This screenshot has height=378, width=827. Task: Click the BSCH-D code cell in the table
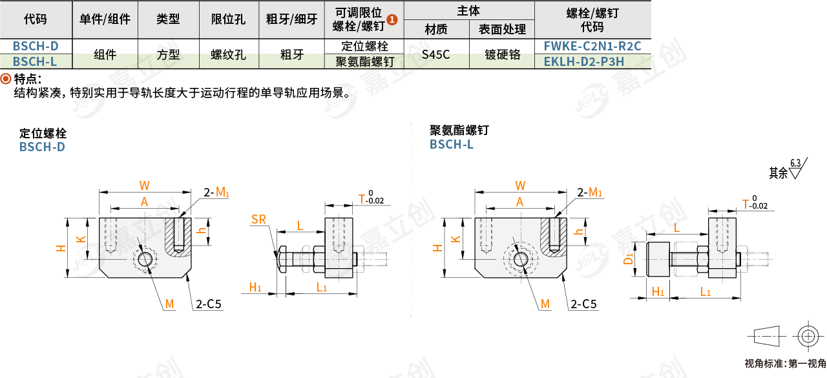pos(36,46)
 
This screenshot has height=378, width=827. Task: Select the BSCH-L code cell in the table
pos(36,61)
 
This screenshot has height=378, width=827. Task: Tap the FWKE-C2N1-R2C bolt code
pos(592,46)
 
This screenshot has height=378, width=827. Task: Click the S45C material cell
pos(435,54)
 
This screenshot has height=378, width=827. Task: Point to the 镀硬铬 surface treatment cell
pos(503,54)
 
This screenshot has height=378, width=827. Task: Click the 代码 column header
pos(36,19)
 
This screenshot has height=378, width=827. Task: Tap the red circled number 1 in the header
pos(392,20)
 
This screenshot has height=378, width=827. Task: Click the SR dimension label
pos(258,220)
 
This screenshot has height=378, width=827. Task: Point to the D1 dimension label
pos(627,260)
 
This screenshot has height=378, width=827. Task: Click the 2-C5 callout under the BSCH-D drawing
pos(209,304)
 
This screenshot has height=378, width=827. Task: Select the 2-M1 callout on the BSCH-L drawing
pos(590,192)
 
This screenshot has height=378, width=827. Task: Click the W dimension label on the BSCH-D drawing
pos(144,186)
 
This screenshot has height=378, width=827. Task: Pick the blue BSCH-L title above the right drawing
pos(452,145)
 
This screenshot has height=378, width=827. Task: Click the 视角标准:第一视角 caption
pos(785,363)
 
